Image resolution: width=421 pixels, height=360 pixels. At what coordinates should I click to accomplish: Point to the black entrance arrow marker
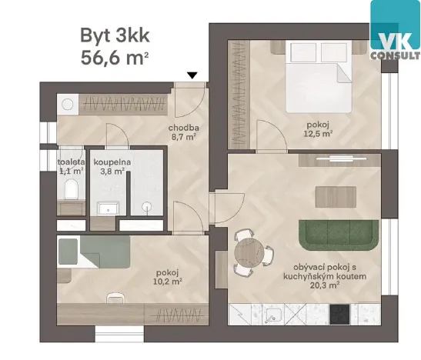[193, 75]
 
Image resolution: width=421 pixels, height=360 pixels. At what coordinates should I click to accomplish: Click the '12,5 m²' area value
[316, 132]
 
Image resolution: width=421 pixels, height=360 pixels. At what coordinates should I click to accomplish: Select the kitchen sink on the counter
[273, 314]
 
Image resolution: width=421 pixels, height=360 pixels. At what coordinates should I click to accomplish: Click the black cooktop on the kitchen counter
[340, 314]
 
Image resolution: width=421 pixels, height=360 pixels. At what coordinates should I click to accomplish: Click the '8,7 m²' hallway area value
[185, 138]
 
